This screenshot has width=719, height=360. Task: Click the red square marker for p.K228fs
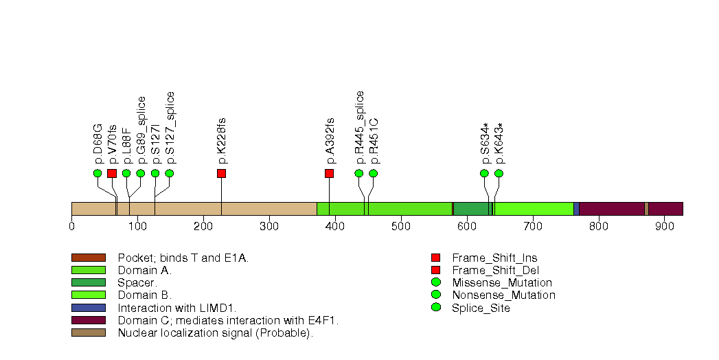point(221,173)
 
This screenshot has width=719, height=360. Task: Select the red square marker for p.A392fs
point(329,173)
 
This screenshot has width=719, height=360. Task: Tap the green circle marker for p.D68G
point(98,173)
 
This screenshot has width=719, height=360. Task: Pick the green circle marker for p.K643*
point(499,173)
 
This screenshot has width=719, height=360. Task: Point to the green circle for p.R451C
point(373,173)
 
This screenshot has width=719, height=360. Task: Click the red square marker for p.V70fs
point(112,173)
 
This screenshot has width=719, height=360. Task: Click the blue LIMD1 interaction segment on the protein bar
point(576,209)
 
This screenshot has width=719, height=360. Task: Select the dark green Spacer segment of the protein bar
point(471,209)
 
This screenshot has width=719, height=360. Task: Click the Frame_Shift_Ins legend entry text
point(494,258)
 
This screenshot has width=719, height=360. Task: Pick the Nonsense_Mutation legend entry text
point(503,295)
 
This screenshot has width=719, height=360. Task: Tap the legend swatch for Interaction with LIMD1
point(89,308)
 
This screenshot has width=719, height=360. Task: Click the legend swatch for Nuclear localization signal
point(89,333)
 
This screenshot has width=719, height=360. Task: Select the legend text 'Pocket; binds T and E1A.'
point(183,258)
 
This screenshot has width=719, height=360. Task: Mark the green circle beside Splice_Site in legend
point(435,308)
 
